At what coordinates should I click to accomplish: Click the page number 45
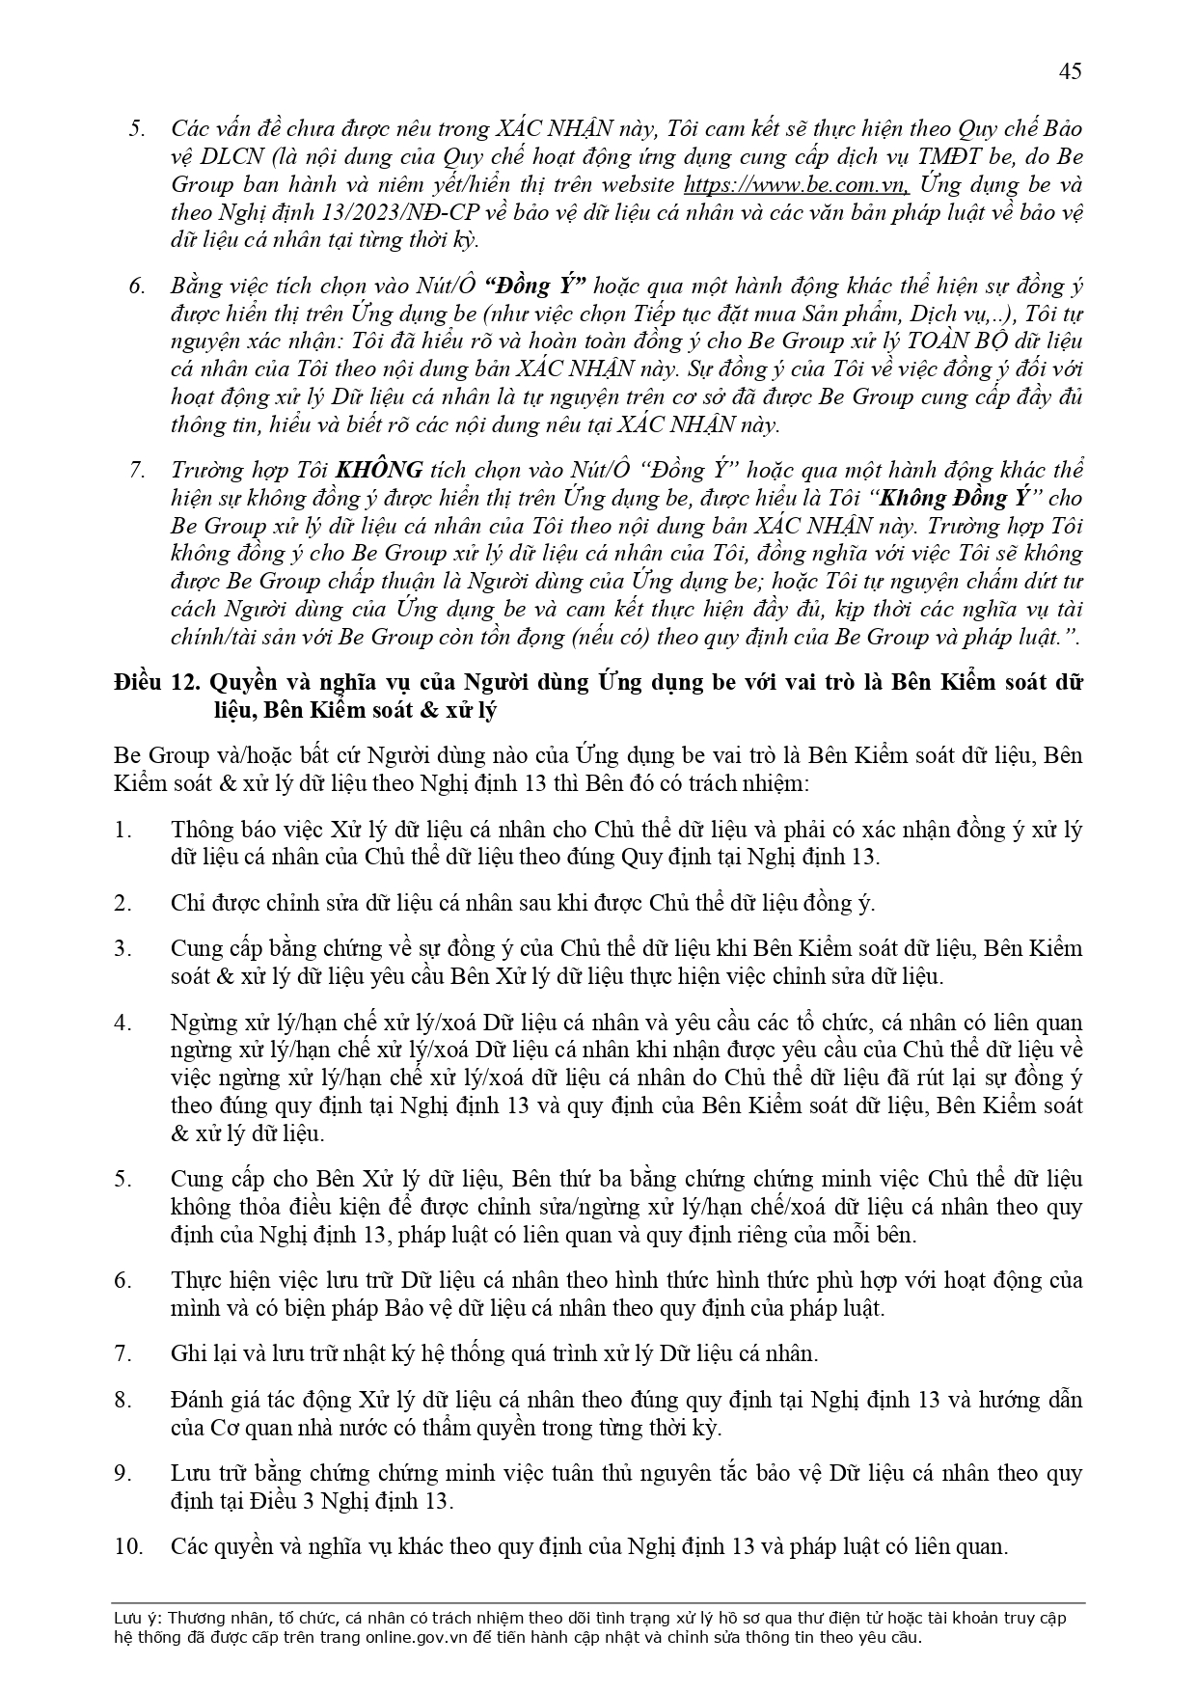1070,70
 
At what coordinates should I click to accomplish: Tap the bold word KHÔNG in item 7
378,470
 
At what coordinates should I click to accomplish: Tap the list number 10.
128,1546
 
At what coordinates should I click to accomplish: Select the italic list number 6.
137,287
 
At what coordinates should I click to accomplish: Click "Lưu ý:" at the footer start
136,1619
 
